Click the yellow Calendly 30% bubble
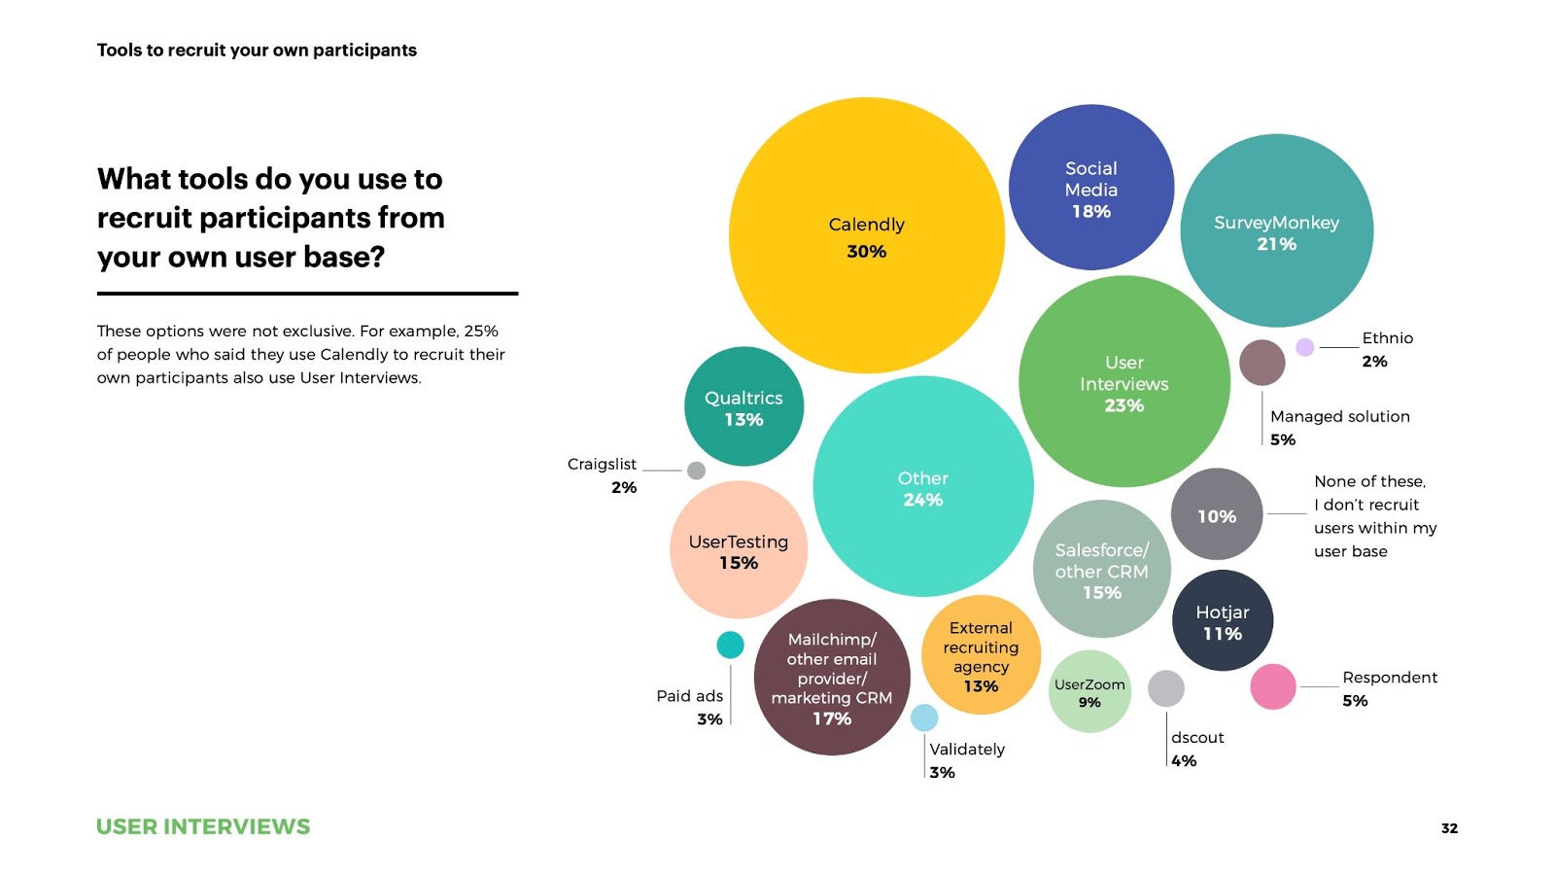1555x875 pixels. click(x=866, y=235)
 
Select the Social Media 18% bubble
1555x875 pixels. click(x=1090, y=188)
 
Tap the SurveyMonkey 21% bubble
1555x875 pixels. click(x=1276, y=231)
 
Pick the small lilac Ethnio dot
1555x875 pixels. click(x=1305, y=347)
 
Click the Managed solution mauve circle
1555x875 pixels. click(x=1261, y=363)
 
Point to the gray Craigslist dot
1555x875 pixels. click(x=696, y=471)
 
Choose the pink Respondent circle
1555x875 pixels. click(x=1272, y=686)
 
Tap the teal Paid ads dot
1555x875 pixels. click(x=730, y=645)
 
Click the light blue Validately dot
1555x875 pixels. click(x=924, y=717)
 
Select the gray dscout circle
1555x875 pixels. click(x=1165, y=688)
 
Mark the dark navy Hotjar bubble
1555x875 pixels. click(x=1222, y=621)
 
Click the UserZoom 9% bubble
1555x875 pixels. click(x=1089, y=691)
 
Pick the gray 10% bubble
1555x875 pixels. click(x=1216, y=514)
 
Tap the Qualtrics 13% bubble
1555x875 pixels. click(x=743, y=406)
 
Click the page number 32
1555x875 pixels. click(x=1449, y=828)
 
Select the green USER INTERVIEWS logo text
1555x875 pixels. click(x=203, y=827)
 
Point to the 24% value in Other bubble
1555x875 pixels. click(x=922, y=500)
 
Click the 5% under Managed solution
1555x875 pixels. click(x=1283, y=439)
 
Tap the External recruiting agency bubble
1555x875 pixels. click(x=981, y=655)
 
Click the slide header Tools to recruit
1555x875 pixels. click(x=257, y=51)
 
